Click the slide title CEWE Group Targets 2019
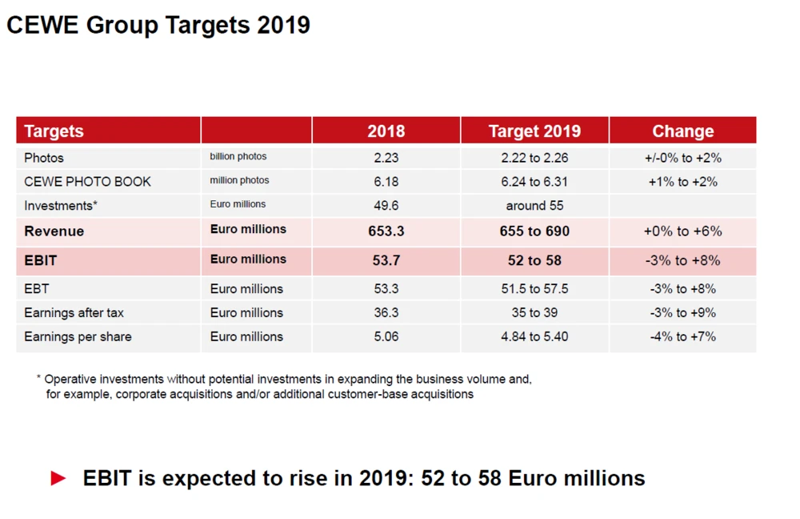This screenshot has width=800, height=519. pos(158,25)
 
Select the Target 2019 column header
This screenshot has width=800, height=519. pos(534,131)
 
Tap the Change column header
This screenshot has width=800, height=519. pos(682,131)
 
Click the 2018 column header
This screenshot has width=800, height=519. pos(386,131)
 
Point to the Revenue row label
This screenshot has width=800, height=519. pos(54,231)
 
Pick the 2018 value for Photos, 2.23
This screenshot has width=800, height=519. pos(386,158)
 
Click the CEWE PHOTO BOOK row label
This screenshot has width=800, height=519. pos(87,182)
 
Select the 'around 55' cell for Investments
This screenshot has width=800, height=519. pos(534,206)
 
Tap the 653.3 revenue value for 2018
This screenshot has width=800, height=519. pos(386,231)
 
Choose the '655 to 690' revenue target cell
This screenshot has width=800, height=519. pos(534,231)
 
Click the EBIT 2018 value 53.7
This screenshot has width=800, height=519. pos(386,260)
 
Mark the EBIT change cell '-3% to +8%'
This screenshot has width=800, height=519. pos(682,260)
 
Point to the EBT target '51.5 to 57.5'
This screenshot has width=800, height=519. pos(534,289)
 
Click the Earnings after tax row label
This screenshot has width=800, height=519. pos(74,313)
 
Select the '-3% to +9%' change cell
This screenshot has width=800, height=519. pos(682,313)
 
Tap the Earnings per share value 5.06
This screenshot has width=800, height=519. pos(386,337)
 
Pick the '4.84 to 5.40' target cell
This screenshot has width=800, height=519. pos(534,337)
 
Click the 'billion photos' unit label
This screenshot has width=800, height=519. pos(238,157)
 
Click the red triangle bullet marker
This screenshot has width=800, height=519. pos(58,479)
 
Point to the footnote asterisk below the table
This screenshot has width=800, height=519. pos(38,378)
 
